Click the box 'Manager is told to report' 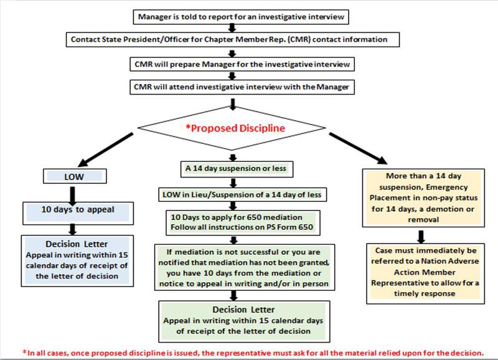[x=241, y=17]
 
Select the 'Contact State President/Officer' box [x=233, y=39]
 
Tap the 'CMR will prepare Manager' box [x=242, y=64]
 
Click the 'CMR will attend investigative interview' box [x=242, y=87]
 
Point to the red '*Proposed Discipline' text [x=235, y=128]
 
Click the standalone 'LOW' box [x=75, y=176]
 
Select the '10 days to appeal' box [x=78, y=213]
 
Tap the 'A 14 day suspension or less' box [x=237, y=169]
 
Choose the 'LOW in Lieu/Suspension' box [x=243, y=195]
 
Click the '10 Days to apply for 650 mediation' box [x=243, y=222]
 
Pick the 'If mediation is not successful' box [x=245, y=268]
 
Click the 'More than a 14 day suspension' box [x=423, y=198]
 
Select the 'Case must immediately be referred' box [x=425, y=273]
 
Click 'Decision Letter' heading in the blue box [x=77, y=244]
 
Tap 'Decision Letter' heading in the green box [x=243, y=310]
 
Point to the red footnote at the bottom [x=253, y=353]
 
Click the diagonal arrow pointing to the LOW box [x=105, y=149]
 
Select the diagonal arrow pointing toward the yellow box [x=358, y=148]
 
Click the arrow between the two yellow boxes [x=421, y=237]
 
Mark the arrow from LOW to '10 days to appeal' [x=72, y=196]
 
